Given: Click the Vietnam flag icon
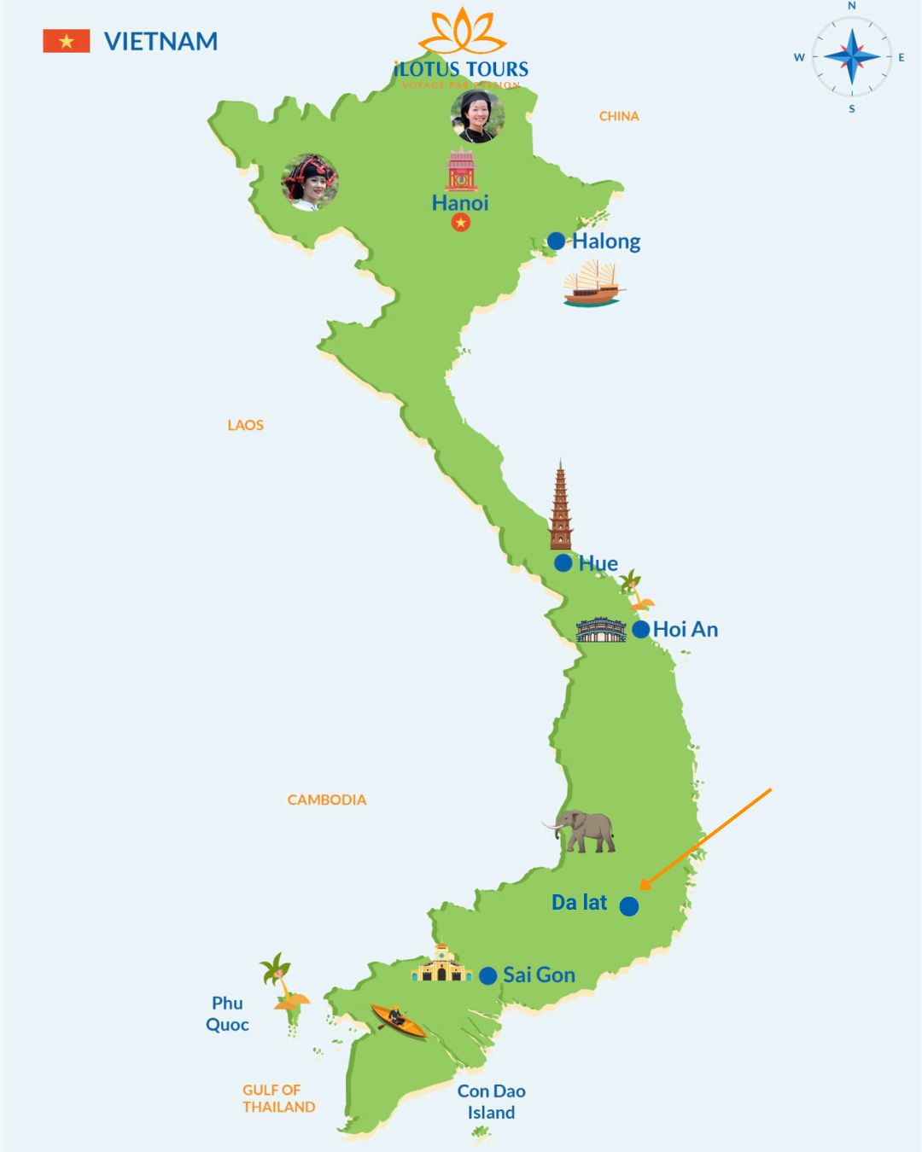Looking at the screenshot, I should tap(66, 41).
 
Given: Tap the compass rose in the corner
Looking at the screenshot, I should tap(851, 57).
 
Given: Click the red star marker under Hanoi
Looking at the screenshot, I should tap(461, 223).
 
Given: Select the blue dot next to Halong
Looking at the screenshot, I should tap(556, 241).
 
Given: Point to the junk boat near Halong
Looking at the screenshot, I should tap(593, 284).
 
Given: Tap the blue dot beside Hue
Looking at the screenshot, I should tap(563, 563).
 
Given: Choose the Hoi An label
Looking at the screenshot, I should tap(686, 630).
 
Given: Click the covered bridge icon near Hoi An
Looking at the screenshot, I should tap(601, 630).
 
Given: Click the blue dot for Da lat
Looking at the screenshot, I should tap(629, 906).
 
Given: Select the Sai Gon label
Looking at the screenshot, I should tap(539, 975).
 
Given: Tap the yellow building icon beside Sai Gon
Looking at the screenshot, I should tap(441, 964).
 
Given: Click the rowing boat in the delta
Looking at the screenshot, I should tap(397, 1021).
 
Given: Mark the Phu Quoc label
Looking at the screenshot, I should tap(227, 1014).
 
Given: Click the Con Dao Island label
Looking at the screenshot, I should tap(491, 1102).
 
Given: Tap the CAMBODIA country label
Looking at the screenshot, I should tap(326, 800).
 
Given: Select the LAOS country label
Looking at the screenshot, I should tap(245, 425).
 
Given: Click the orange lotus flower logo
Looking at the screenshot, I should tap(461, 32).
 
